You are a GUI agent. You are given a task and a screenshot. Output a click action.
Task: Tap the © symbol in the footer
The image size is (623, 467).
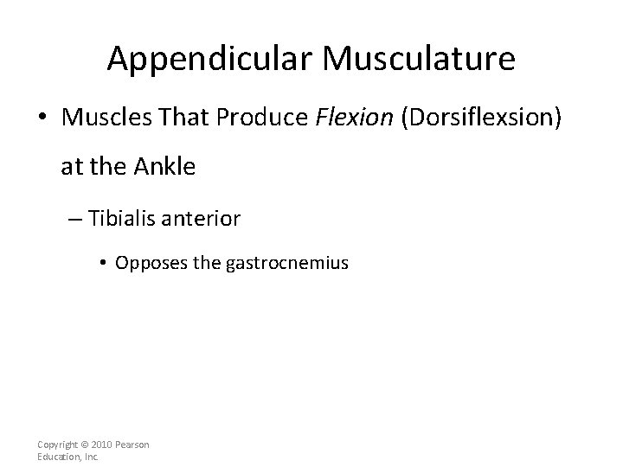point(86,444)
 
